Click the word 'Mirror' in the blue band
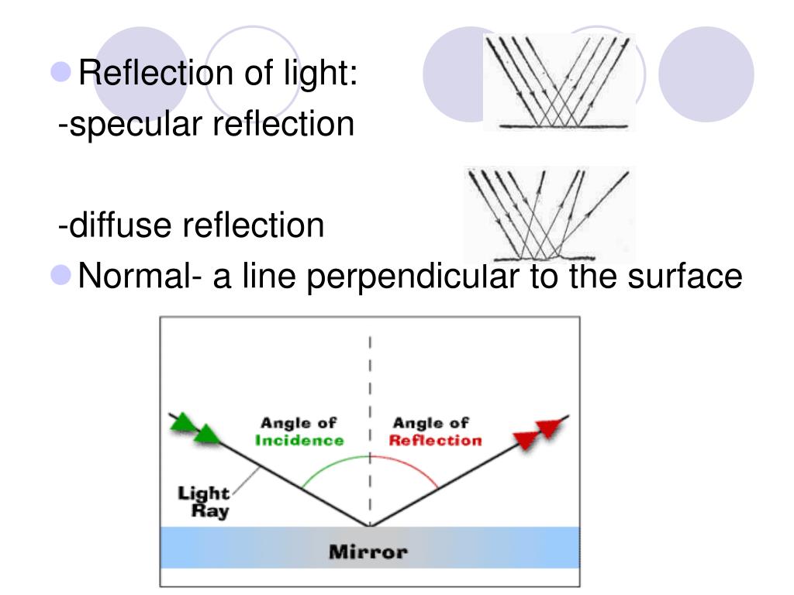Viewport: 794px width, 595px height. point(368,553)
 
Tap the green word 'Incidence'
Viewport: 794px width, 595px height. point(299,441)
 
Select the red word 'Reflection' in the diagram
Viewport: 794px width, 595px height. point(435,441)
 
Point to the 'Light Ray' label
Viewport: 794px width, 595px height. point(204,502)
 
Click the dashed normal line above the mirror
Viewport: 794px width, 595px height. point(370,387)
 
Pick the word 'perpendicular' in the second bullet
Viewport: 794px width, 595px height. point(413,277)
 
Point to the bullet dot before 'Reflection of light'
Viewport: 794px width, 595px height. point(62,73)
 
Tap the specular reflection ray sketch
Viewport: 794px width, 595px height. point(558,81)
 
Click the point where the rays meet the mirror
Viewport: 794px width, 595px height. point(370,526)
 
